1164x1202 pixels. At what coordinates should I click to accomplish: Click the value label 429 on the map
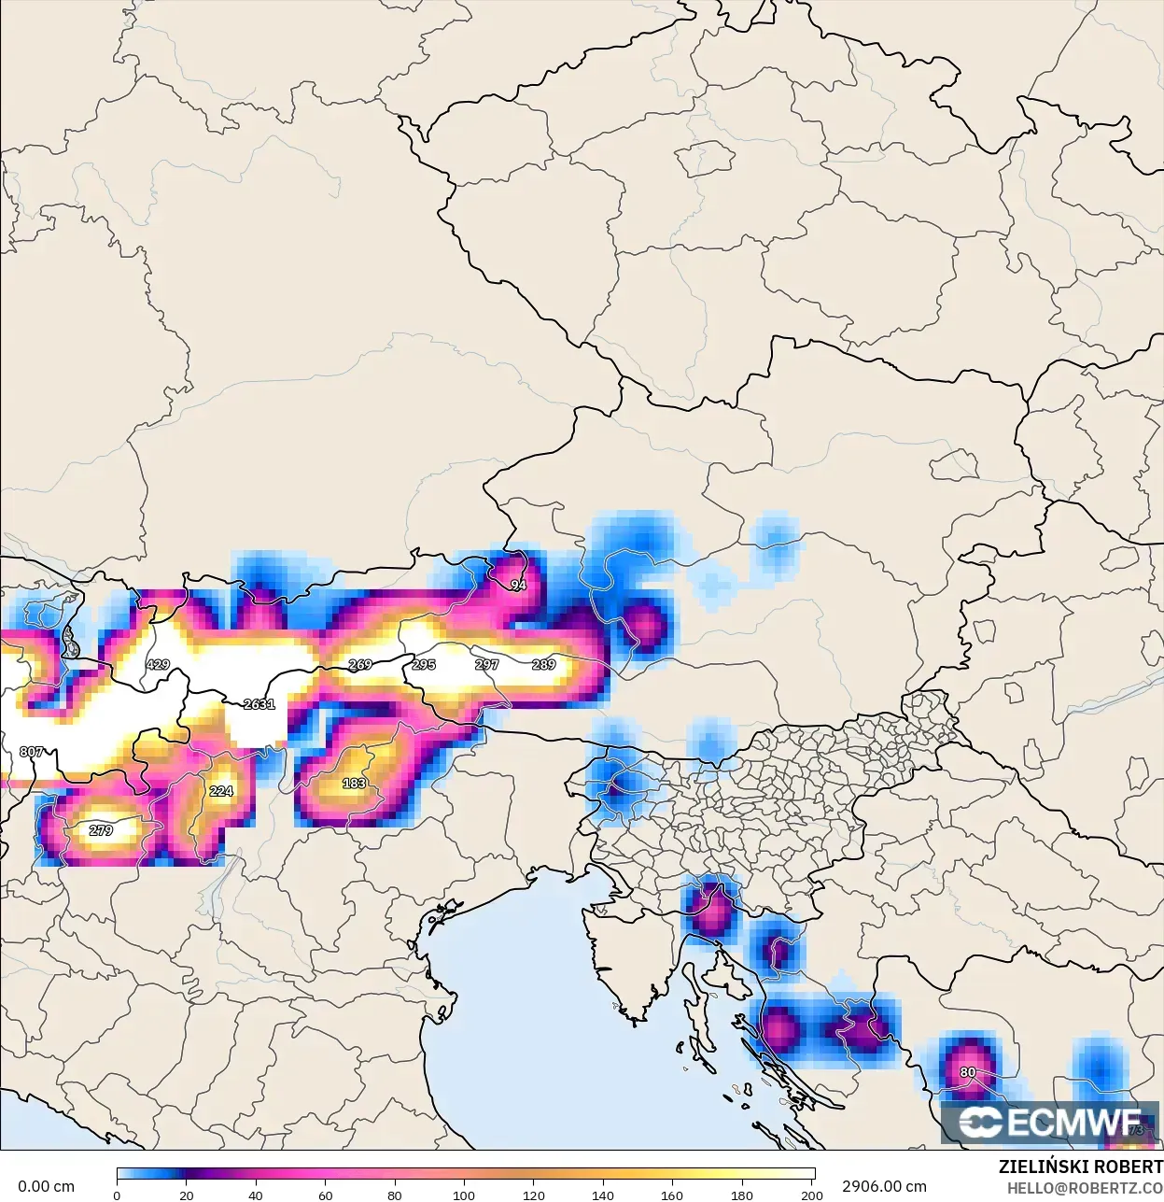click(158, 665)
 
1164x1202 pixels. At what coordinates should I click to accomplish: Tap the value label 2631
click(259, 704)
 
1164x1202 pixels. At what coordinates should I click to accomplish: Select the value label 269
click(359, 665)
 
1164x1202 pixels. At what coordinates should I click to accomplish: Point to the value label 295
click(424, 665)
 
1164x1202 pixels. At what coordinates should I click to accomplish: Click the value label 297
click(486, 665)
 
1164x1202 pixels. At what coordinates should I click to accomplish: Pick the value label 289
click(543, 665)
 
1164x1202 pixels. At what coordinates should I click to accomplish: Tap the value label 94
click(518, 585)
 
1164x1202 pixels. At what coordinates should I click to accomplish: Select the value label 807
click(31, 752)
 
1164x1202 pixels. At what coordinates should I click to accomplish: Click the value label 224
click(220, 791)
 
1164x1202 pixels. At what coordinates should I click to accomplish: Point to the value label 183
click(354, 784)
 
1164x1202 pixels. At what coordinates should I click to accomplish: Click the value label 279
click(101, 830)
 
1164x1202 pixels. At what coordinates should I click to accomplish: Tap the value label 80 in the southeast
click(968, 1072)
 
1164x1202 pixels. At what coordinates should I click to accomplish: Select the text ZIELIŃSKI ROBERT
click(1080, 1167)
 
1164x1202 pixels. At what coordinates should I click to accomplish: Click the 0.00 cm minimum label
click(46, 1187)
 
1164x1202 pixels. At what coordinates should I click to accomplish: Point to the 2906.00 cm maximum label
click(884, 1187)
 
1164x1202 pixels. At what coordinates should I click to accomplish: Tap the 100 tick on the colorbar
click(464, 1195)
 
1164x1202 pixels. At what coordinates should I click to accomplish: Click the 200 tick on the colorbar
click(811, 1195)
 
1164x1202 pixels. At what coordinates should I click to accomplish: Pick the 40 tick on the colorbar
click(256, 1195)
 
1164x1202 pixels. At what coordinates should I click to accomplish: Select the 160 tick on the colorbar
click(672, 1195)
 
